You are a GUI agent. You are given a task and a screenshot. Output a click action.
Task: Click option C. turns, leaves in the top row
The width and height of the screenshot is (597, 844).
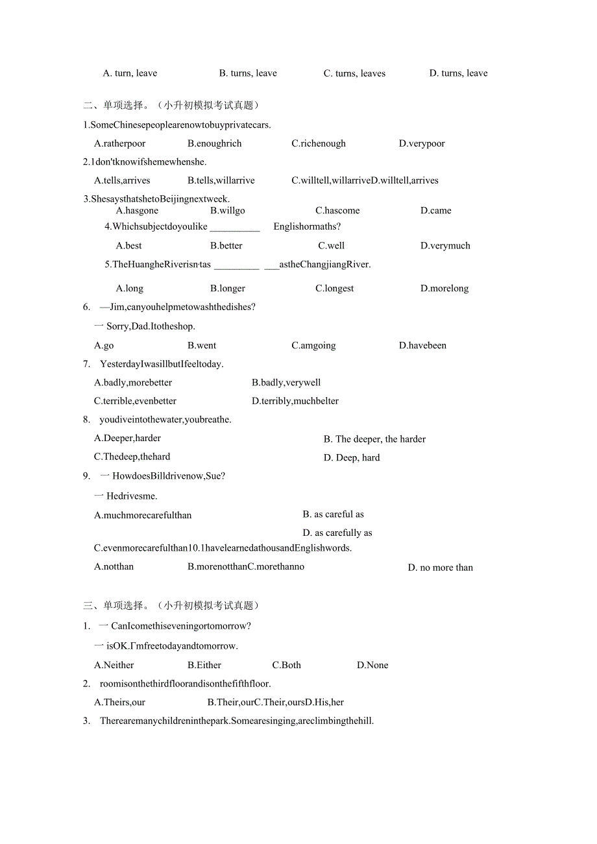354,73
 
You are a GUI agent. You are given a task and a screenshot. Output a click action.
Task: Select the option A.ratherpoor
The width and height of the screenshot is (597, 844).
120,143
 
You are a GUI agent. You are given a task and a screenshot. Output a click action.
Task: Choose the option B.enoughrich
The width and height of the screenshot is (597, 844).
215,143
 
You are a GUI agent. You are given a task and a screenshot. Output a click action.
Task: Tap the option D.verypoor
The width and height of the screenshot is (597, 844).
422,143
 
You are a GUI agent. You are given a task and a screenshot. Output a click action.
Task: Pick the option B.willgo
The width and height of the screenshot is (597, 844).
228,210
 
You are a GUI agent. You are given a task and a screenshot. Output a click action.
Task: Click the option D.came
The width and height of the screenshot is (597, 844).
436,210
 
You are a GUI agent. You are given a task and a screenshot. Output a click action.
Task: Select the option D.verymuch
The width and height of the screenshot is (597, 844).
445,245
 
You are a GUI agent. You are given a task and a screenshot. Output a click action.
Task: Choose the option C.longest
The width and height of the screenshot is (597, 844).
335,288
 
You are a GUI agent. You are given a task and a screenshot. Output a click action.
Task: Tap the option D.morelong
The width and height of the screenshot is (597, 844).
445,288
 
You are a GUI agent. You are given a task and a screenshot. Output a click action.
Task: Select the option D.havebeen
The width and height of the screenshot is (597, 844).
422,345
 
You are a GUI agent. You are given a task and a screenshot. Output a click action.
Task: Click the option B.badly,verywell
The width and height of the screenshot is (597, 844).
286,382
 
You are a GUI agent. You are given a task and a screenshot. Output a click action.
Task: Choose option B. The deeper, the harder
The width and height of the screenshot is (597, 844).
374,439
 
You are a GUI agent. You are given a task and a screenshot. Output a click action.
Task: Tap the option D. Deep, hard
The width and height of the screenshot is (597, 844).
352,457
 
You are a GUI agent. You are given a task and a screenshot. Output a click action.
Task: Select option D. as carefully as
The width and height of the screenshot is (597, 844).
337,533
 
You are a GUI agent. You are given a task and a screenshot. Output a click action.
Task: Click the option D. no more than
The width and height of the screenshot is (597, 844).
441,568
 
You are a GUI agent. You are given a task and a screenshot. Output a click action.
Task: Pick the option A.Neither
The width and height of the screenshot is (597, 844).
114,665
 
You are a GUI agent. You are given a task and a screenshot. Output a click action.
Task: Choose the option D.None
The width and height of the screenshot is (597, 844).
372,665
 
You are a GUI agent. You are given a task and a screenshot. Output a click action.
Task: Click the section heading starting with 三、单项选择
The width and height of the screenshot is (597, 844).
171,605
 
